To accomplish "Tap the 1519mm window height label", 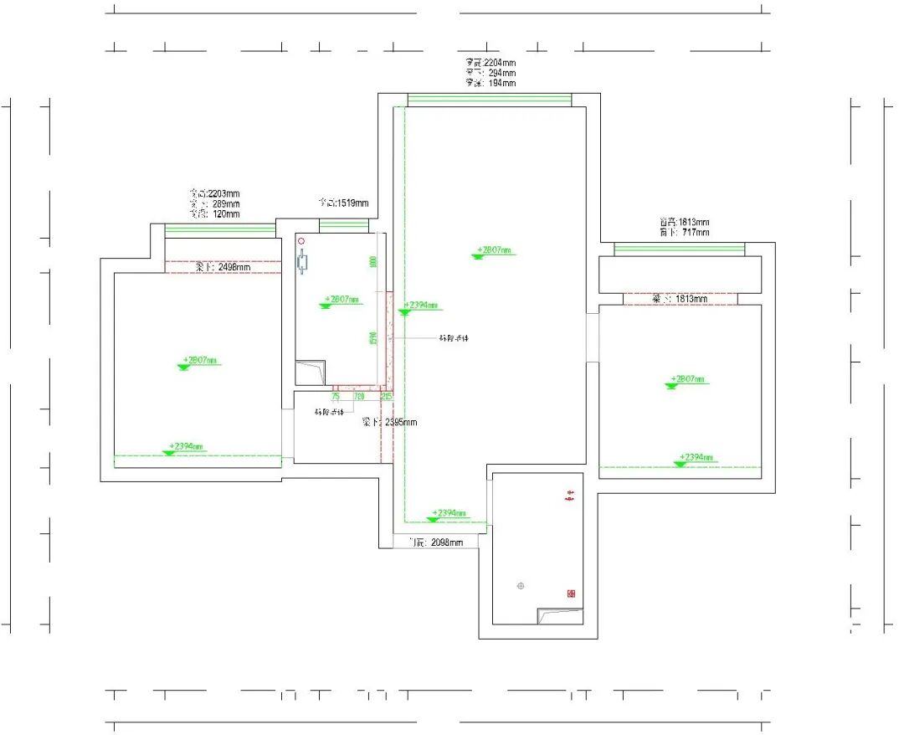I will tap(343, 203).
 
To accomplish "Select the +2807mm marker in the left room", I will tap(201, 362).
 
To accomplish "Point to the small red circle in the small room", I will tap(302, 239).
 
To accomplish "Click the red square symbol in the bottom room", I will tap(572, 593).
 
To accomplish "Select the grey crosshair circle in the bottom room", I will tap(521, 585).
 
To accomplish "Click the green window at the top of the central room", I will tap(490, 100).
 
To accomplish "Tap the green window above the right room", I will tap(679, 249).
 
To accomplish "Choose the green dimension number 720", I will tap(359, 395).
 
